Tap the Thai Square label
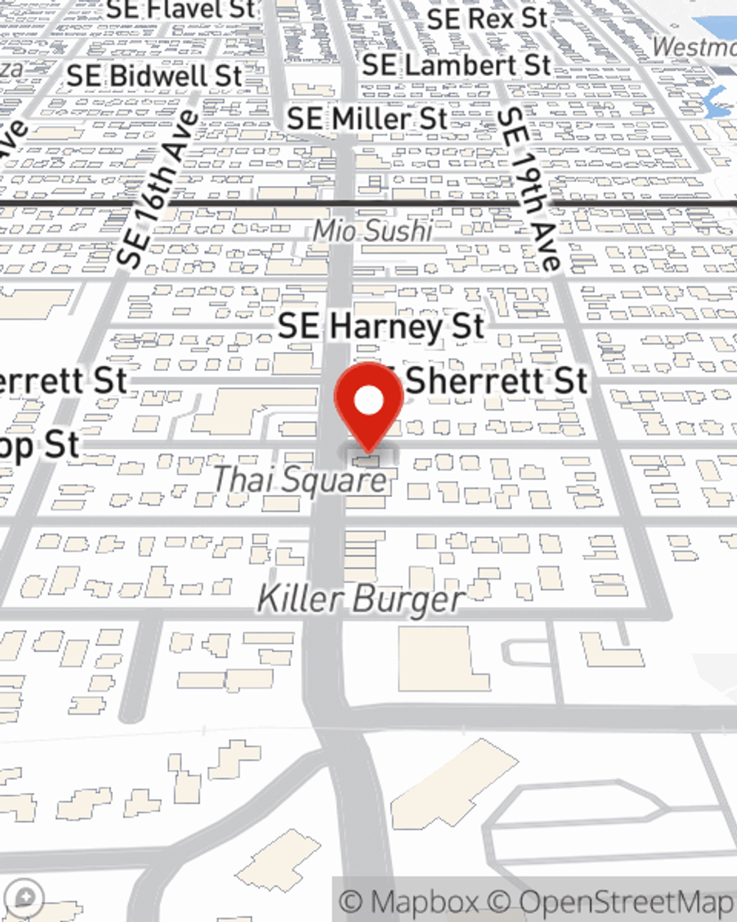pos(299,480)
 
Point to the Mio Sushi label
pos(372,231)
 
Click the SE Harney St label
pos(381,326)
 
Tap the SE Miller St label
pos(367,119)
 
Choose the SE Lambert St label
pos(456,66)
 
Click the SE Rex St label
pos(487,18)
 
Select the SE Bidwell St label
pos(154,75)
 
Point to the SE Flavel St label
pos(181,10)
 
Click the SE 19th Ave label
pos(529,188)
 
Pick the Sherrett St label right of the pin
pos(495,381)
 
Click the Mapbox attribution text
pos(410,902)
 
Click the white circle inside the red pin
pos(369,401)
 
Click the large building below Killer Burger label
pos(442,656)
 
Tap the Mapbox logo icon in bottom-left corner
pos(23,898)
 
